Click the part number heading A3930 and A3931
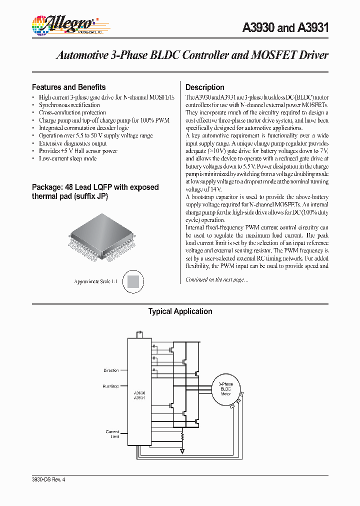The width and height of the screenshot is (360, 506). [x=285, y=28]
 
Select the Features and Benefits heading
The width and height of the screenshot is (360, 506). [x=68, y=87]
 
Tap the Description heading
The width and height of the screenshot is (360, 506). [x=205, y=87]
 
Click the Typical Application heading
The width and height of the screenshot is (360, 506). [x=180, y=311]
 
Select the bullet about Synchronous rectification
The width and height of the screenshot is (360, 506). [x=69, y=105]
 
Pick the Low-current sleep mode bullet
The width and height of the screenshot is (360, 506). [x=67, y=158]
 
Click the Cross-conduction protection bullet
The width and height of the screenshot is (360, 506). [x=72, y=113]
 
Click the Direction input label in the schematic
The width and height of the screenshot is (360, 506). [x=111, y=370]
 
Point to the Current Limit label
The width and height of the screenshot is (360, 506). [x=112, y=434]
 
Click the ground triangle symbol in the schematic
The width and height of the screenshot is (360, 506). [x=182, y=451]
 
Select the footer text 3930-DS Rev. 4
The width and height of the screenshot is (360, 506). [x=48, y=479]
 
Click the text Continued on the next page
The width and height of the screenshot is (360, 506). [x=216, y=280]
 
